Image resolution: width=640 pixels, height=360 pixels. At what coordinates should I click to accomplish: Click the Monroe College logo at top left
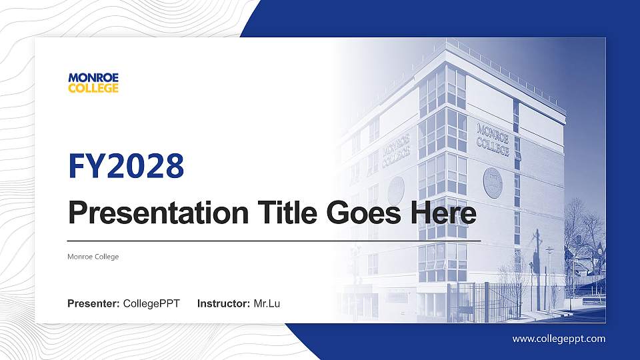[x=93, y=83]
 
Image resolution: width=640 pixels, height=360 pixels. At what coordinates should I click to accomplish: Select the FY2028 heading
[x=126, y=166]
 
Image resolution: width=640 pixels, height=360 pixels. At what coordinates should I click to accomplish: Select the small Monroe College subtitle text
[x=93, y=257]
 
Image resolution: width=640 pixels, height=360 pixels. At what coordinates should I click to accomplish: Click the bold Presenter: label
[x=94, y=304]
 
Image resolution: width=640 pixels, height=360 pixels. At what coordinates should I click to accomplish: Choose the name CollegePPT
[x=152, y=304]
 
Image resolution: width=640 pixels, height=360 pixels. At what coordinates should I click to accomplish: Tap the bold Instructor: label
[x=225, y=304]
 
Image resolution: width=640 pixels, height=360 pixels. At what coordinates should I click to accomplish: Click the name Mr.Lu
[x=267, y=304]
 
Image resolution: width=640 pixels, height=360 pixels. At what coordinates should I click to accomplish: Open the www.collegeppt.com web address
[x=559, y=339]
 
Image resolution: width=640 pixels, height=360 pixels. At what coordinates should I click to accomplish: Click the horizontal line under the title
[x=273, y=240]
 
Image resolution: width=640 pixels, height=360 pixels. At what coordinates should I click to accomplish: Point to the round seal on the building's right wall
[x=493, y=182]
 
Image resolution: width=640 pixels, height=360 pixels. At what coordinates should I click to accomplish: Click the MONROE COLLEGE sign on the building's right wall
[x=493, y=139]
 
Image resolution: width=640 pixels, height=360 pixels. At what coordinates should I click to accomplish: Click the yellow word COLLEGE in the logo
[x=93, y=88]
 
